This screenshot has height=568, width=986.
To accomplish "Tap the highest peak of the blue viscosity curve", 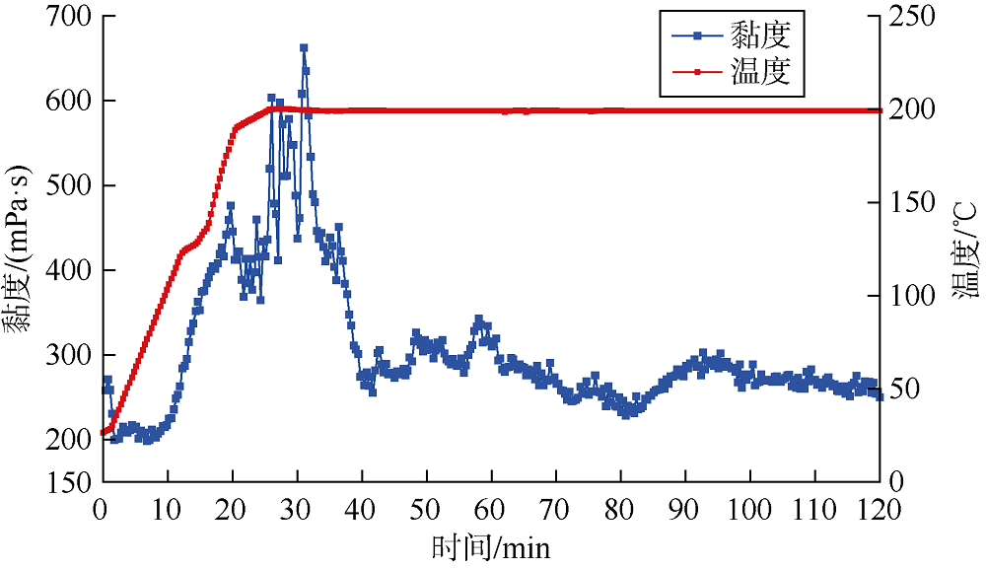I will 304,47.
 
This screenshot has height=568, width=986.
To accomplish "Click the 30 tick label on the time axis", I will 295,508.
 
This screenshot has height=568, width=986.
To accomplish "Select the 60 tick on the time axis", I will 489,508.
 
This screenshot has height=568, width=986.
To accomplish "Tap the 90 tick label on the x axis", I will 683,508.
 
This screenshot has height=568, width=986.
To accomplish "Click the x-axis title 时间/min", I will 490,545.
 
